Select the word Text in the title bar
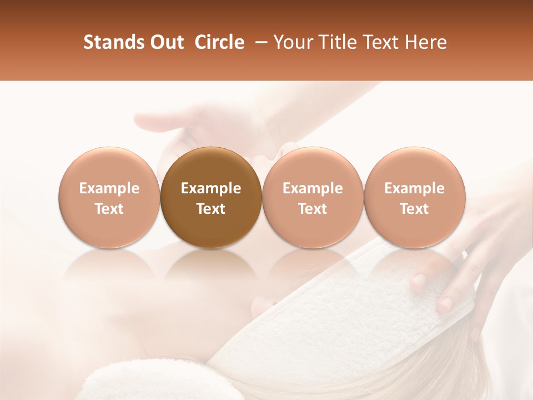click(379, 42)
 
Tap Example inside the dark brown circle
click(211, 188)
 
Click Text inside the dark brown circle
click(211, 209)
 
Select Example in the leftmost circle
click(109, 188)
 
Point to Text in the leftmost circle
click(109, 209)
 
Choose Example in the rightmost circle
click(415, 188)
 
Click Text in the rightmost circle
click(415, 209)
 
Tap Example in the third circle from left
click(313, 188)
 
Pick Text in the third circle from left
click(313, 209)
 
